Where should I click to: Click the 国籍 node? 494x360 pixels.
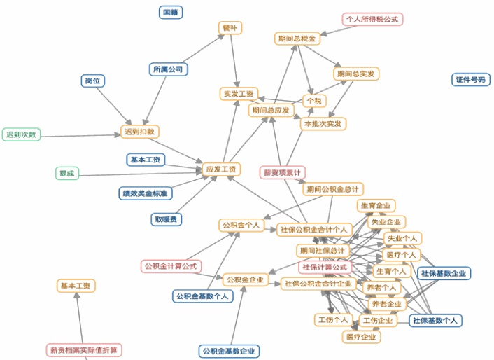click(170, 12)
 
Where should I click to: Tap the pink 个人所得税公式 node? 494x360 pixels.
click(372, 19)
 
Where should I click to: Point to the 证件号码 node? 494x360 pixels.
click(470, 79)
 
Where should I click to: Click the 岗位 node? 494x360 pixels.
click(92, 81)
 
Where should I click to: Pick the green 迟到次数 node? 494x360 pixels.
click(21, 134)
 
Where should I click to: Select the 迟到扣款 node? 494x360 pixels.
click(140, 132)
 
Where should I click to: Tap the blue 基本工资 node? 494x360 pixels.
click(146, 160)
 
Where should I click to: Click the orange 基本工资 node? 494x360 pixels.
click(76, 286)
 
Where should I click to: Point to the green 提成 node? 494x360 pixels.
click(67, 173)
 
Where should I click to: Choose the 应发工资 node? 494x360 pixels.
click(221, 169)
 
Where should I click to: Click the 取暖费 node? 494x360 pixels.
click(167, 219)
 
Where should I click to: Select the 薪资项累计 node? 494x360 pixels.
click(283, 172)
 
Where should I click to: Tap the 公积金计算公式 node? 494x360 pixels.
click(171, 266)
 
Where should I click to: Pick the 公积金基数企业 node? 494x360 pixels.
click(229, 351)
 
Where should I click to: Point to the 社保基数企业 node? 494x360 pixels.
click(444, 273)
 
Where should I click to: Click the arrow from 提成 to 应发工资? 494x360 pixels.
click(140, 171)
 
